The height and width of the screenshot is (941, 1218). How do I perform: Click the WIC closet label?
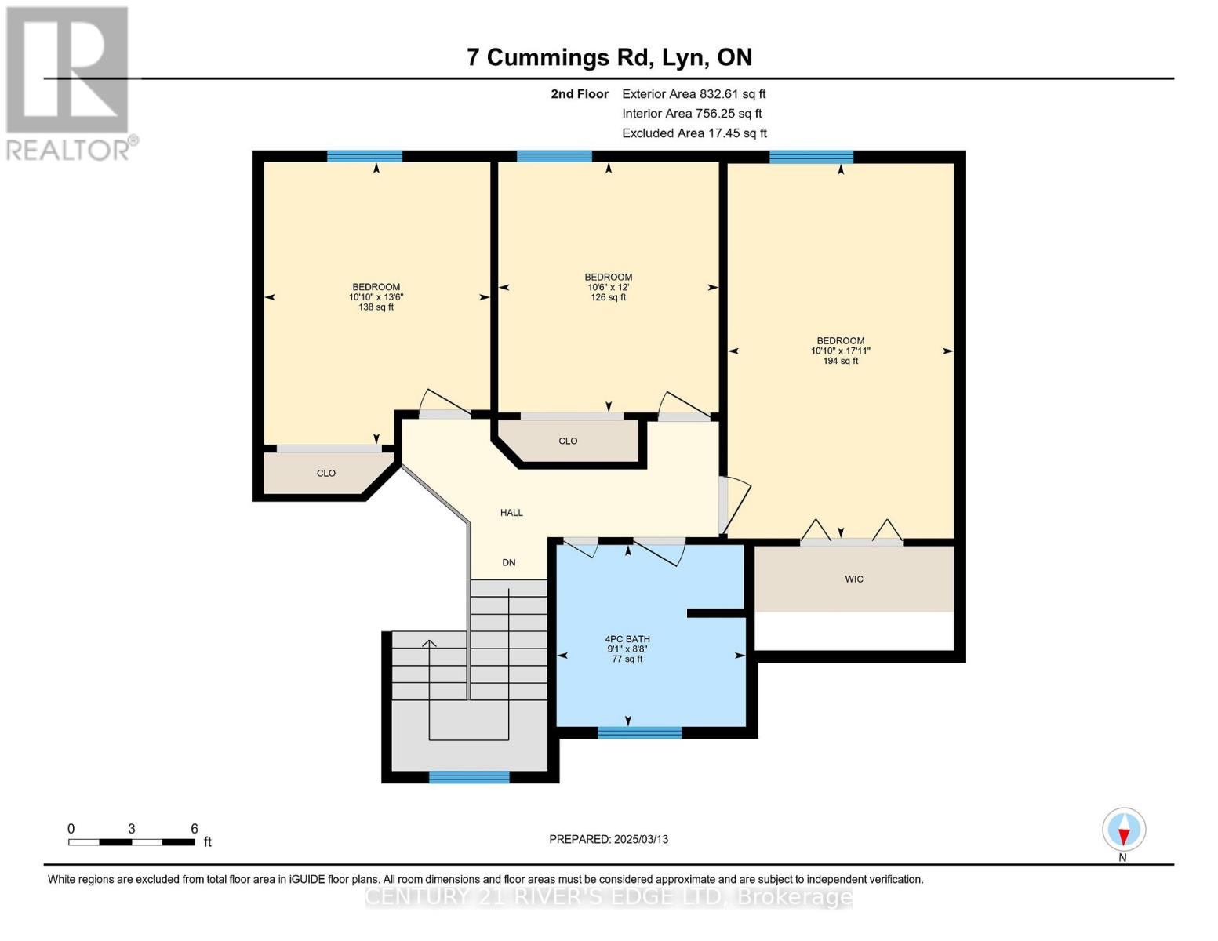click(853, 579)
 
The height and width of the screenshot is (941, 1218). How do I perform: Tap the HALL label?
click(511, 513)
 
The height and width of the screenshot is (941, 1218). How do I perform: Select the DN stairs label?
click(509, 563)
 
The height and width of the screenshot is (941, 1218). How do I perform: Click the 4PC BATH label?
click(627, 639)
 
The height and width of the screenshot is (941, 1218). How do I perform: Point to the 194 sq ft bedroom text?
click(840, 361)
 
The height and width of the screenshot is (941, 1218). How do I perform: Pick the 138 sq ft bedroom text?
click(376, 307)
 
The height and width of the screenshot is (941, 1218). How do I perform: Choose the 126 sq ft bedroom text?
click(608, 297)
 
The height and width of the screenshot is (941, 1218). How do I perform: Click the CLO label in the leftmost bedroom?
click(325, 474)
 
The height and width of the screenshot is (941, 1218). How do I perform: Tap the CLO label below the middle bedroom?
click(568, 441)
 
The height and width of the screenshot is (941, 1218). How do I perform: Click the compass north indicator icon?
click(1124, 830)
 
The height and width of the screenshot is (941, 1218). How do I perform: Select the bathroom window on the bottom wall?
click(639, 732)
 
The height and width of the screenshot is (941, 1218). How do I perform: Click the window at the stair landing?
click(469, 777)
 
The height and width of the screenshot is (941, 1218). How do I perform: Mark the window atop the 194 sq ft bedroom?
click(811, 157)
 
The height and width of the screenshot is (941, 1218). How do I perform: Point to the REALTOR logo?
click(69, 82)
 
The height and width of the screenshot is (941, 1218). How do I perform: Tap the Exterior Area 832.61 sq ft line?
click(693, 94)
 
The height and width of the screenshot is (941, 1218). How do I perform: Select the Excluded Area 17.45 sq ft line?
click(694, 133)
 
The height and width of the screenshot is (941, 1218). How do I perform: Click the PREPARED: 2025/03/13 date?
click(609, 839)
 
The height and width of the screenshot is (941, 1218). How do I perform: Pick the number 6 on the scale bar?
click(194, 829)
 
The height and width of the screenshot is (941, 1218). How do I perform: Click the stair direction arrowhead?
click(429, 644)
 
